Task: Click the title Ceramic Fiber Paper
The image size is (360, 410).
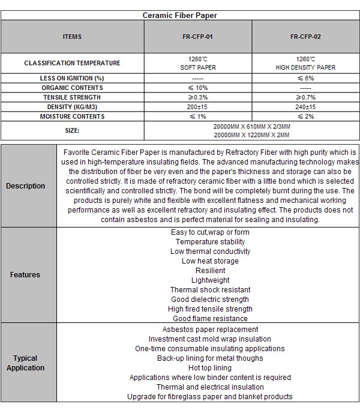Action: coord(180,15)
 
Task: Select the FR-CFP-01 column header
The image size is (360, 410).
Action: coord(197,37)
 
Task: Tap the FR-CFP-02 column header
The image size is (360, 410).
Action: coord(305,37)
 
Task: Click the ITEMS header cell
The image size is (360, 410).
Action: coord(72,37)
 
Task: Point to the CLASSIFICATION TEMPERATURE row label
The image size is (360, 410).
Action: coord(72,63)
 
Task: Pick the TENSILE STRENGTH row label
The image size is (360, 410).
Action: coord(72,97)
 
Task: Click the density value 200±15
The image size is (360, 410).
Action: coord(197,107)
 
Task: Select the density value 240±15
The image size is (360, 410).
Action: coord(305,107)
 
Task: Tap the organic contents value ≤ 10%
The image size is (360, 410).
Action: coord(197,88)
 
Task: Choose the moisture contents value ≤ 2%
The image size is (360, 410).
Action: coord(305,116)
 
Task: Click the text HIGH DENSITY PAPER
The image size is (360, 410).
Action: coord(305,68)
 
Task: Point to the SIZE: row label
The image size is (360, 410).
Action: coord(72,130)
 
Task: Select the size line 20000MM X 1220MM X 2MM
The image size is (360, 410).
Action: coord(252,135)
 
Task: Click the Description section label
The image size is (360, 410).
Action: coord(26,186)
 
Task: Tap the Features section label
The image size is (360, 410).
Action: coord(25,275)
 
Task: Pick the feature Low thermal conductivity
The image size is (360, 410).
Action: coord(210,252)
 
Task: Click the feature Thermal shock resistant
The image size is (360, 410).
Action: coord(210,290)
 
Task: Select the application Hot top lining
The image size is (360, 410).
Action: coord(210,368)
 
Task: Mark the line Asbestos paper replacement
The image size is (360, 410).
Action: coord(210,330)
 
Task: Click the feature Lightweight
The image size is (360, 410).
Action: coord(210,280)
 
